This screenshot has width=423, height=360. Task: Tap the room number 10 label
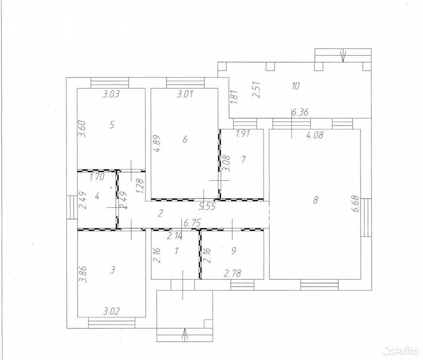tap(296, 86)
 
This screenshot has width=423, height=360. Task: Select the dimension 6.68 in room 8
tap(356, 204)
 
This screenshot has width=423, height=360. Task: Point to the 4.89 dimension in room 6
tap(158, 144)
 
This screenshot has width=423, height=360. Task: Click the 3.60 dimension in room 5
tap(83, 129)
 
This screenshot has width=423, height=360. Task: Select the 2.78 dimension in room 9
tap(233, 274)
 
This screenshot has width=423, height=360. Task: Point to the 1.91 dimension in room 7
tap(243, 133)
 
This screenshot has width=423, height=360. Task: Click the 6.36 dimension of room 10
tap(300, 112)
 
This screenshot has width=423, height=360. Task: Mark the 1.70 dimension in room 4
tap(96, 177)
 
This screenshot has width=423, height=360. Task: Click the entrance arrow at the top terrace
tap(343, 56)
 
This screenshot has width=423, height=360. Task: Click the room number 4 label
tap(97, 196)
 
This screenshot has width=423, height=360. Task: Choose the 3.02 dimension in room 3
tap(111, 311)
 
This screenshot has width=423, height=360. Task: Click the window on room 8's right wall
tap(366, 217)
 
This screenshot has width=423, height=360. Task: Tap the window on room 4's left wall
tap(72, 207)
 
